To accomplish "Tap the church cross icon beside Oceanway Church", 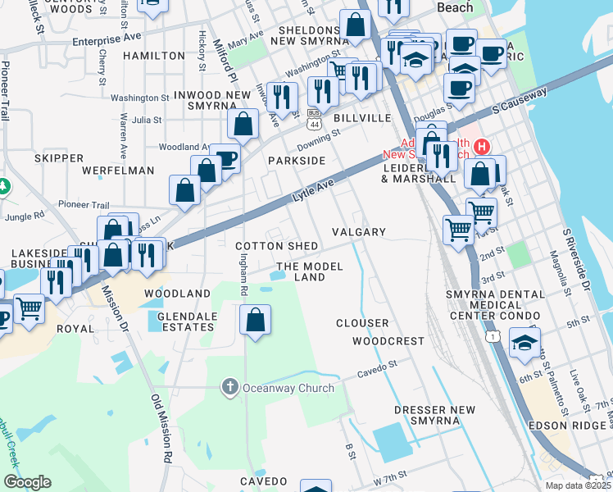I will (231, 387).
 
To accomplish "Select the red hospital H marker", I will (483, 147).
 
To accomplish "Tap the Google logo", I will (27, 482).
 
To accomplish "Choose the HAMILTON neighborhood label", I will (153, 56).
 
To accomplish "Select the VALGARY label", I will (358, 232).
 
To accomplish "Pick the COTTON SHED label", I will (277, 246).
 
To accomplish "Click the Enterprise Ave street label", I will (107, 39).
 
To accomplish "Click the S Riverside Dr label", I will (577, 258).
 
